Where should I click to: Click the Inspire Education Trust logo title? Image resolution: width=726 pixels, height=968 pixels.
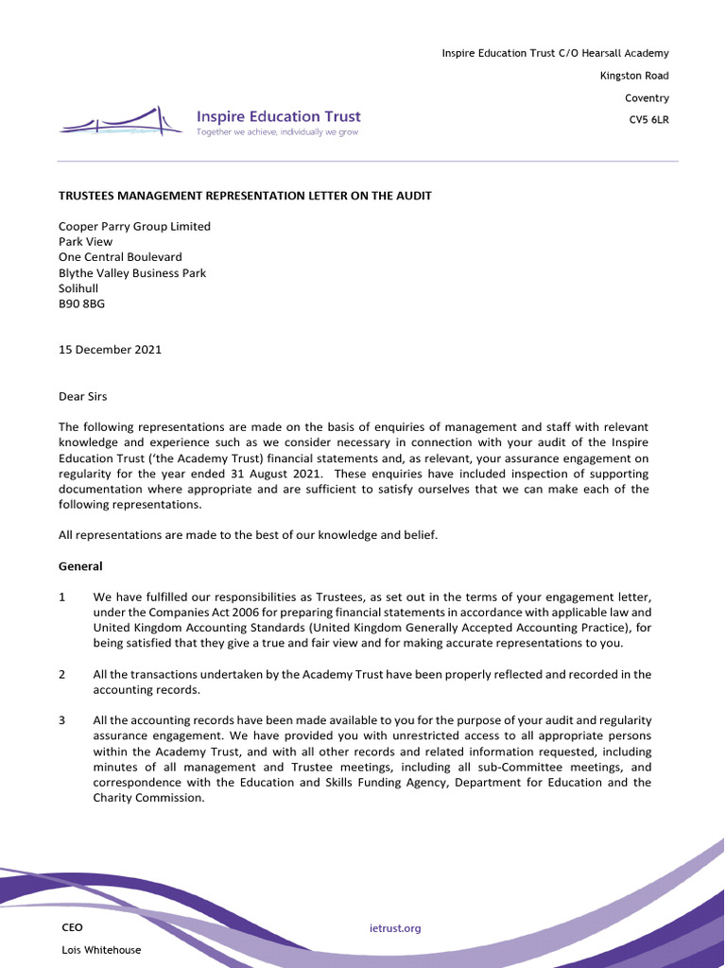278,116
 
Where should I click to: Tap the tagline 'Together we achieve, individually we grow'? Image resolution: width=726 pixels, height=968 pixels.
277,133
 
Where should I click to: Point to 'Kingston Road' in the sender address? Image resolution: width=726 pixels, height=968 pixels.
634,76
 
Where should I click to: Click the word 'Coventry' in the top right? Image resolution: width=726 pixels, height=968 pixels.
647,98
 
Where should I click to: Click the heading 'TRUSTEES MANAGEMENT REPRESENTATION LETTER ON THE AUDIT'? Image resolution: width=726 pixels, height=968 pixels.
245,196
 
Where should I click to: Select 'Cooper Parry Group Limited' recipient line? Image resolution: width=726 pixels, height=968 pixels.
134,227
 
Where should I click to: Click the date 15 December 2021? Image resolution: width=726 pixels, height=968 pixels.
110,350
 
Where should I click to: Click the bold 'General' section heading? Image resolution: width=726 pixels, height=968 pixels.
80,566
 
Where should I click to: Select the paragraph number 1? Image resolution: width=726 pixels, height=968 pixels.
62,597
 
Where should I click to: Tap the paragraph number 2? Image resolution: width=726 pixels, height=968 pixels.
62,674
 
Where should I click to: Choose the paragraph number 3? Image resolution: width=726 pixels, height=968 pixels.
62,720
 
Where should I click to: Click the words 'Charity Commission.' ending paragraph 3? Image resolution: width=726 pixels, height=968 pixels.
148,798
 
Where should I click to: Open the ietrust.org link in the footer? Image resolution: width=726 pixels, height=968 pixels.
395,928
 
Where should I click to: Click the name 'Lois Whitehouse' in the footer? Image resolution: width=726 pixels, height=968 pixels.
101,950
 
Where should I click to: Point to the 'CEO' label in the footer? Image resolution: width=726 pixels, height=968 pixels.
72,927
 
